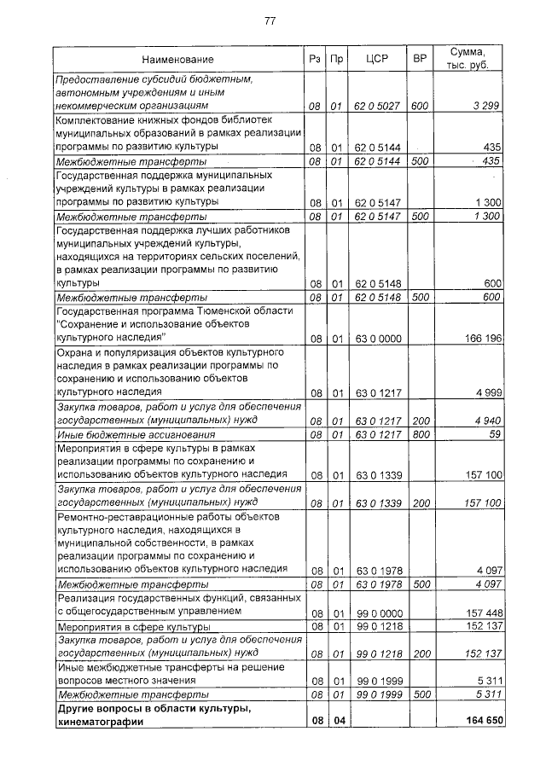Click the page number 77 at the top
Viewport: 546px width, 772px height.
coord(270,20)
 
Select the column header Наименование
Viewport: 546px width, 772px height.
coord(177,60)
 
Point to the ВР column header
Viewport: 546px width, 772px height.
coord(419,60)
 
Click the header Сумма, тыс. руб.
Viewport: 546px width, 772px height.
coord(471,59)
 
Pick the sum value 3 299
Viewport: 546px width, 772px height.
coord(485,107)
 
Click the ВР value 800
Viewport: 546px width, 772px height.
coord(419,434)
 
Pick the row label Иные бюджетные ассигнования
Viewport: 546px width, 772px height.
coord(123,434)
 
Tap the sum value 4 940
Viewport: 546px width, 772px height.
coord(485,420)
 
